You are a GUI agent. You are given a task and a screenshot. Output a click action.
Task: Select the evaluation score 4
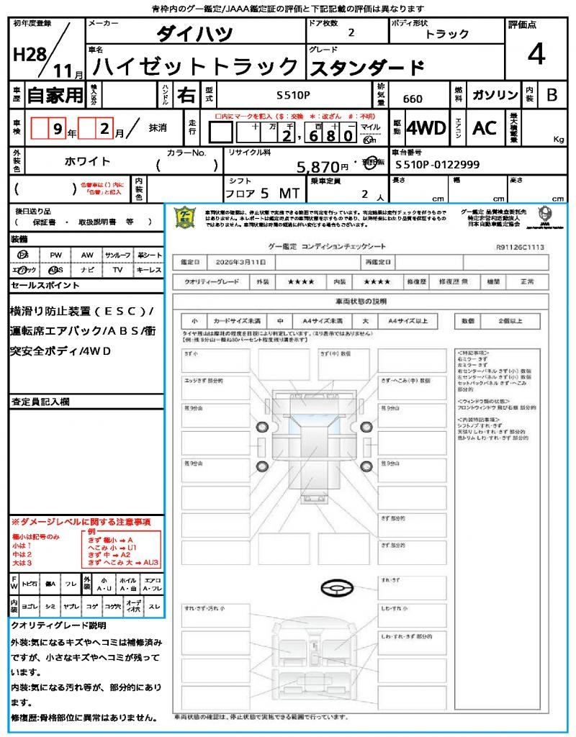click(x=535, y=55)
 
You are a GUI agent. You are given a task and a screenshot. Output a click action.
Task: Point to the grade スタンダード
click(x=366, y=68)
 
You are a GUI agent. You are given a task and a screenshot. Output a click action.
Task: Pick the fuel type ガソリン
click(x=495, y=95)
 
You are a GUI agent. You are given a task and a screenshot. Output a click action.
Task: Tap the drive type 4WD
click(x=426, y=128)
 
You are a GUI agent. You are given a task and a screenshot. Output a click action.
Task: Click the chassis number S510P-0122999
click(x=438, y=165)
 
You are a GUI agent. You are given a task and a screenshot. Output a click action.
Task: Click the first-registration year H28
click(x=30, y=55)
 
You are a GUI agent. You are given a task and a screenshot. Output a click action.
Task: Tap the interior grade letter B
click(x=552, y=95)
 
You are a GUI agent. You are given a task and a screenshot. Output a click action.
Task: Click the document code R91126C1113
click(x=520, y=246)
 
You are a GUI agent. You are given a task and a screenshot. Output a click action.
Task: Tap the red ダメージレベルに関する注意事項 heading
click(x=81, y=521)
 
